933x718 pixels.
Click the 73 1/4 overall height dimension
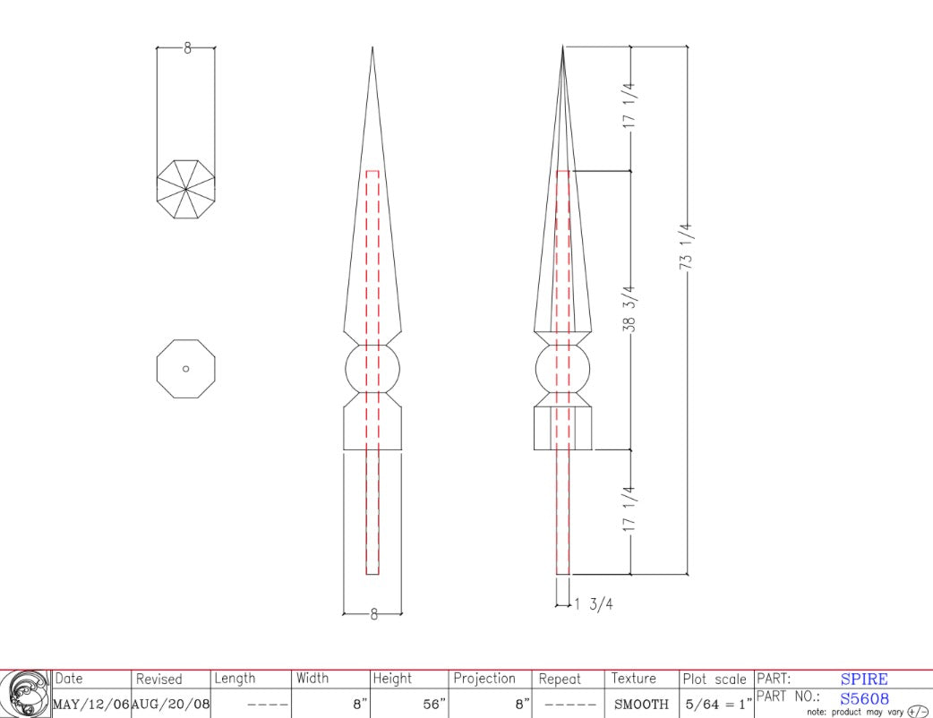click(686, 246)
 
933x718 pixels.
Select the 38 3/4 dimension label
click(629, 309)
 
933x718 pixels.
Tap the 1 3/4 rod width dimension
click(594, 604)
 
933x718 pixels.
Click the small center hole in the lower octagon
click(185, 369)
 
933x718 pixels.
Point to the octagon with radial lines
click(185, 189)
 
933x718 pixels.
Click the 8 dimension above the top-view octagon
click(187, 48)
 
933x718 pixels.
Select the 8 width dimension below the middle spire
click(373, 614)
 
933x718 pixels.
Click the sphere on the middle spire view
click(372, 369)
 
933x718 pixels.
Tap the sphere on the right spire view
click(563, 369)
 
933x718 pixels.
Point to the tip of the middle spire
click(372, 47)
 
